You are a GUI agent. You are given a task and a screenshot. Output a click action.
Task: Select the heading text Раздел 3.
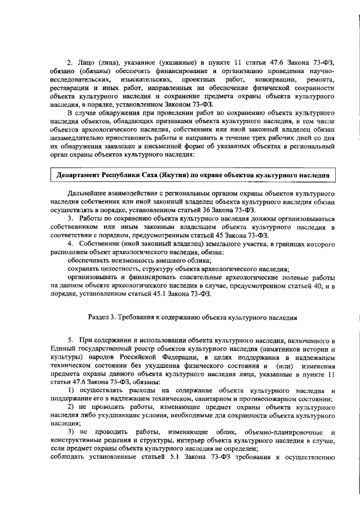[105, 317]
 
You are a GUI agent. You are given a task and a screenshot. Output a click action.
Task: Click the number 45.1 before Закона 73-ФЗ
[167, 293]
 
